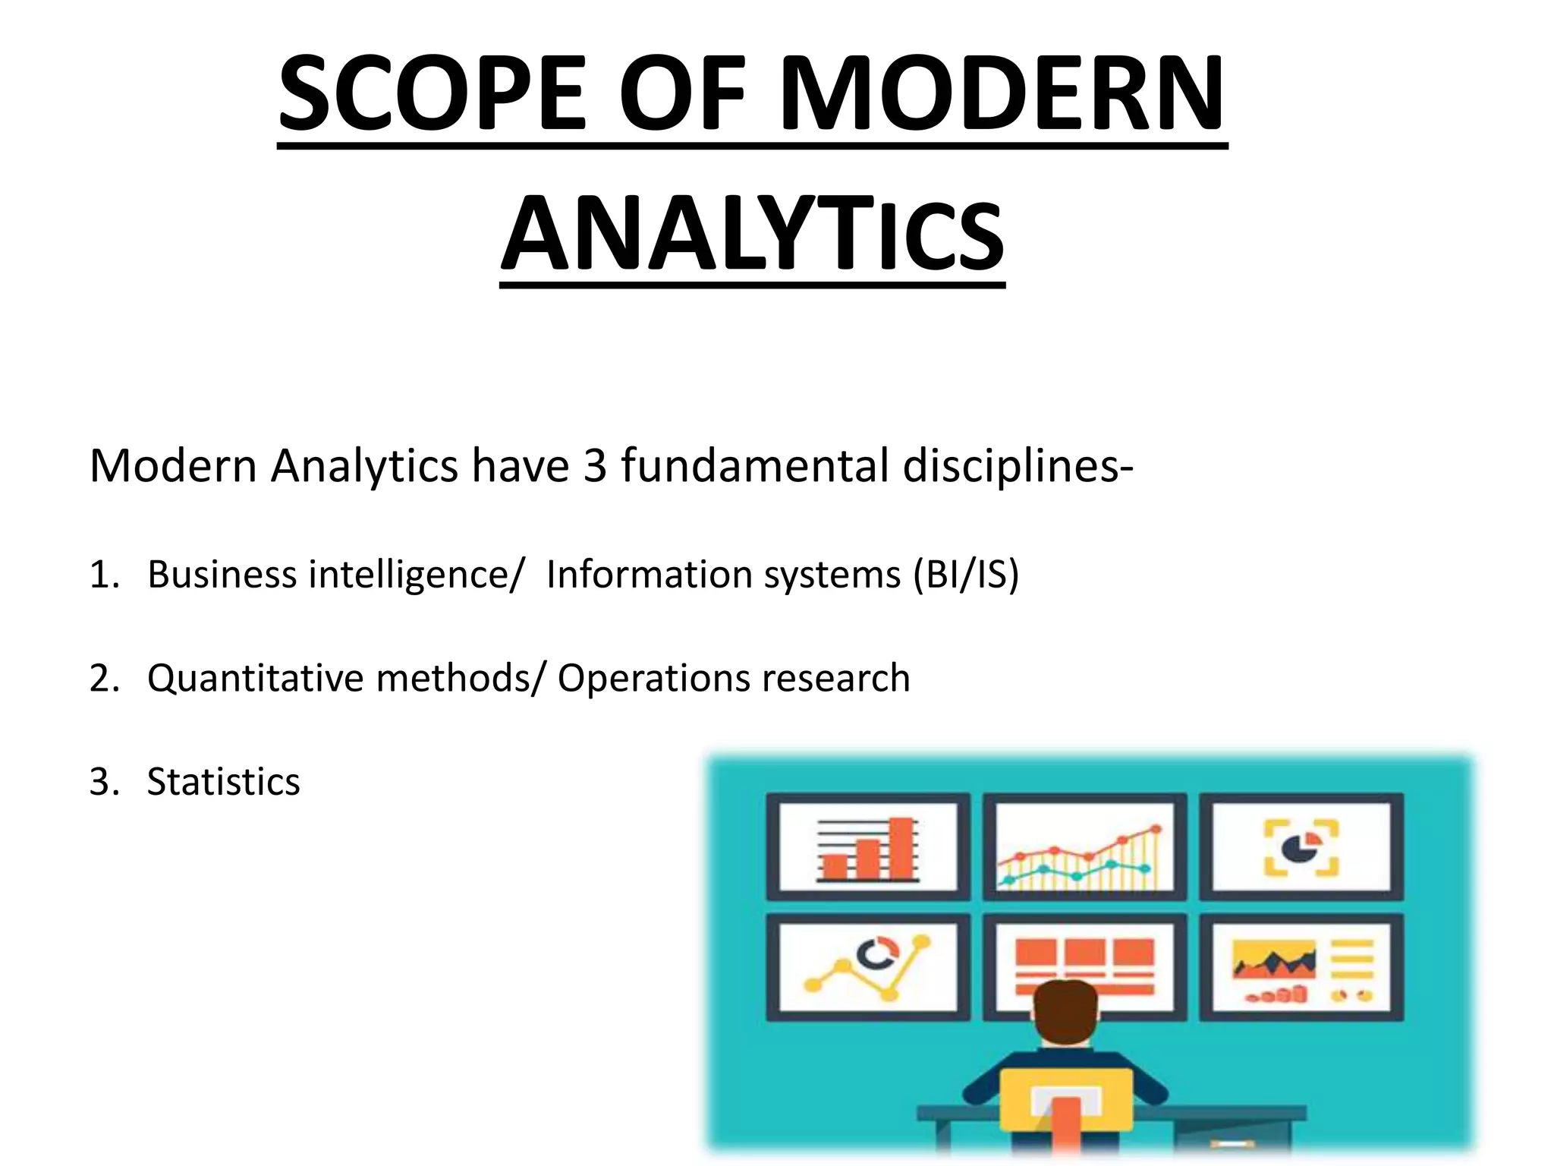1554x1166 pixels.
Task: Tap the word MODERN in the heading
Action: click(x=1001, y=95)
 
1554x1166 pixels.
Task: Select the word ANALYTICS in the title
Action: click(x=752, y=234)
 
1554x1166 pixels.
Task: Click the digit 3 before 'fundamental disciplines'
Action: click(x=595, y=465)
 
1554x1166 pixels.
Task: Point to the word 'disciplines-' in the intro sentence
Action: click(x=1018, y=465)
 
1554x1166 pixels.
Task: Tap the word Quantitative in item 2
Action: click(x=255, y=678)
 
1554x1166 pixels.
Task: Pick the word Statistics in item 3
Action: click(x=223, y=782)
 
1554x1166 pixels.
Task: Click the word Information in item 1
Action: click(x=648, y=574)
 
